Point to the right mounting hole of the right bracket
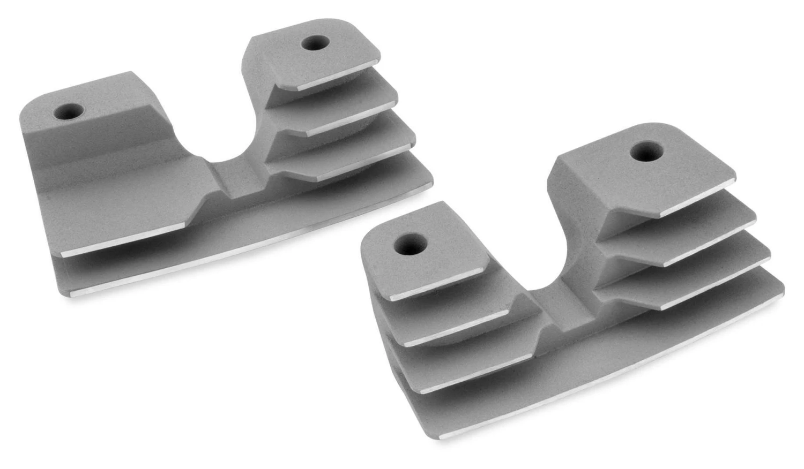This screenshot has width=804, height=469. [647, 151]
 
